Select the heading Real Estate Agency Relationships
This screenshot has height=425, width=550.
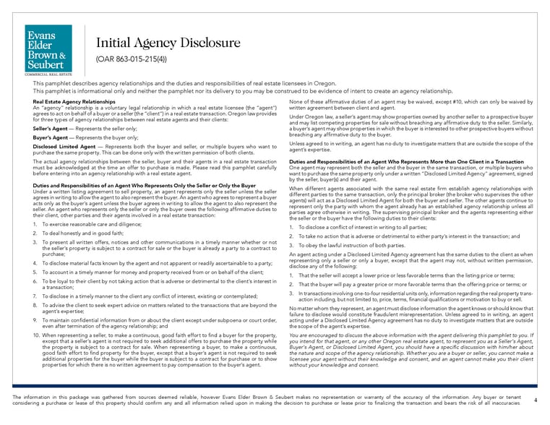point(74,103)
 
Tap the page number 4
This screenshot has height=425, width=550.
point(535,400)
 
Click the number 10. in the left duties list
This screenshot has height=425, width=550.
point(38,336)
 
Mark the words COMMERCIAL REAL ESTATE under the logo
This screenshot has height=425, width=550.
point(48,74)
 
